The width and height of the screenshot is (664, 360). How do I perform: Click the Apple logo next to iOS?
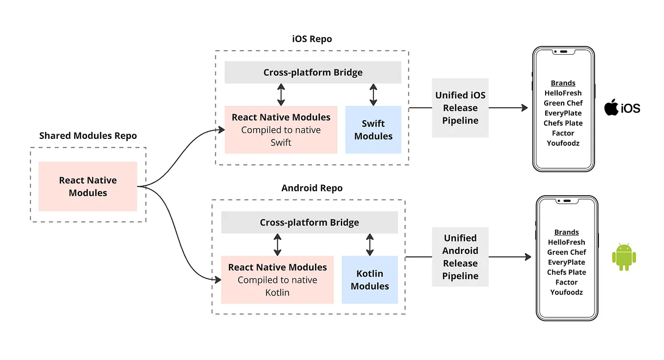coord(611,107)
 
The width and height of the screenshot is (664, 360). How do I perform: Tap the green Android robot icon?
coord(623,257)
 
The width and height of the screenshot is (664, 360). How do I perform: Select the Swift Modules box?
coord(373,130)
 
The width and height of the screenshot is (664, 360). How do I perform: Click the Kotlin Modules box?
coord(370,280)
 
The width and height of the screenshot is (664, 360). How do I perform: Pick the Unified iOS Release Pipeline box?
coord(460,108)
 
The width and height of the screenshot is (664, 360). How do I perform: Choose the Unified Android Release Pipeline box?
coord(460,257)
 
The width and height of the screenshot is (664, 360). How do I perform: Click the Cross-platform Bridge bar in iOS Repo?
coord(313,72)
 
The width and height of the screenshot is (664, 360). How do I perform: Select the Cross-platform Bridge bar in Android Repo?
coord(309,223)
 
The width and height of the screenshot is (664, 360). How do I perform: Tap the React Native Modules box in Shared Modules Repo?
coord(88,186)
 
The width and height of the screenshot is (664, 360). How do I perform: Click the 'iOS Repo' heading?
coord(312,39)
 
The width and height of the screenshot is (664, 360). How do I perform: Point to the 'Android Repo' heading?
coord(312,188)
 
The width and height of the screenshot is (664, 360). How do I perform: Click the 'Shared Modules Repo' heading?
coord(88,136)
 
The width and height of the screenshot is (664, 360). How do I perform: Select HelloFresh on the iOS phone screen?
coord(563,93)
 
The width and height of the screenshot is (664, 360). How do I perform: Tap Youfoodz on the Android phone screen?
coord(566,292)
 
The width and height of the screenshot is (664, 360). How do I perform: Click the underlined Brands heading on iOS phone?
coord(563,83)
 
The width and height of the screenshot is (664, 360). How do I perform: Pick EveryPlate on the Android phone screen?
coord(566,262)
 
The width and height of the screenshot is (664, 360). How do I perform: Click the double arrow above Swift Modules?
coord(373,95)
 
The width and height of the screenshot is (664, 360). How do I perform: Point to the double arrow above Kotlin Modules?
coord(370,245)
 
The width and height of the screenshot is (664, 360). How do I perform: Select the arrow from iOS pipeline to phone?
coord(509,108)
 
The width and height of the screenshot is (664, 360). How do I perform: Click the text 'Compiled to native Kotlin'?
coord(277,286)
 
